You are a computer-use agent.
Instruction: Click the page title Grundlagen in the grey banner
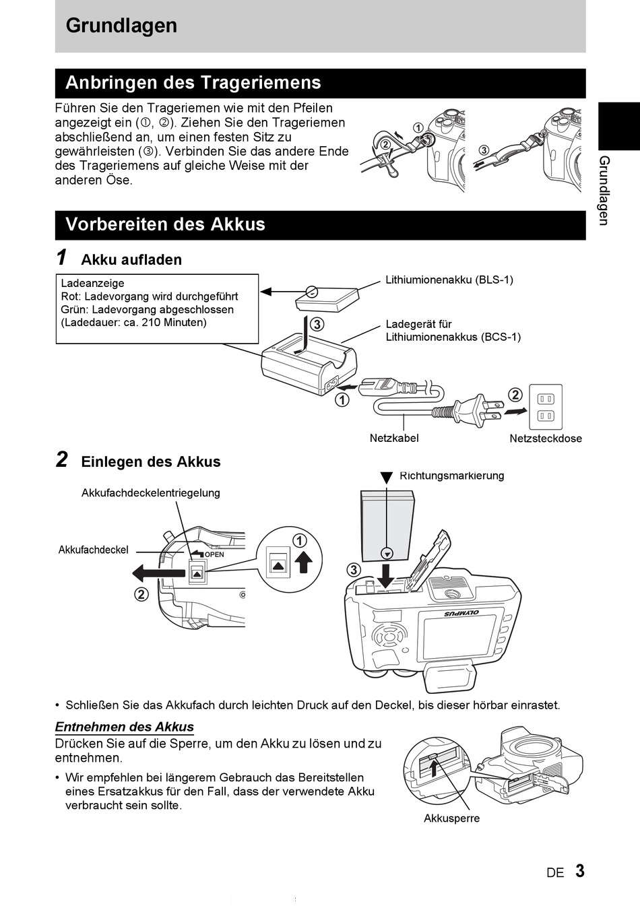(x=121, y=26)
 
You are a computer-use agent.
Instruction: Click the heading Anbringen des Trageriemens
(x=193, y=83)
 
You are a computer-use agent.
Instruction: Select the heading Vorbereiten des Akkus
(x=165, y=224)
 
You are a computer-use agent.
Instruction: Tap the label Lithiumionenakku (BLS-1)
(x=449, y=280)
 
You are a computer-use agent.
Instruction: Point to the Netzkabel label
(x=394, y=439)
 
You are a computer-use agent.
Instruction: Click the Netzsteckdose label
(x=545, y=439)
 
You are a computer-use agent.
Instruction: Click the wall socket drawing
(x=545, y=407)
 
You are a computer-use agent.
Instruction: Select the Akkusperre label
(x=451, y=818)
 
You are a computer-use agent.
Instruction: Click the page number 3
(x=580, y=871)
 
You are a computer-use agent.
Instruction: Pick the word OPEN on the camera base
(x=214, y=555)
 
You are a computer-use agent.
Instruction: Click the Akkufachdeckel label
(x=93, y=550)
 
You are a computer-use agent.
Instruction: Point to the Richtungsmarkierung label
(x=451, y=476)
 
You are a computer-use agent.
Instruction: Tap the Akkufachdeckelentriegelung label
(x=150, y=493)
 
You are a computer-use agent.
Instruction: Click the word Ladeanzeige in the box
(x=92, y=284)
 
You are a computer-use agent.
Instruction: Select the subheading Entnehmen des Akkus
(x=124, y=727)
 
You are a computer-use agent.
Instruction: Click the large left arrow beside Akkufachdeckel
(x=158, y=573)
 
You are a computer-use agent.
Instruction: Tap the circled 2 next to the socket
(x=515, y=395)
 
